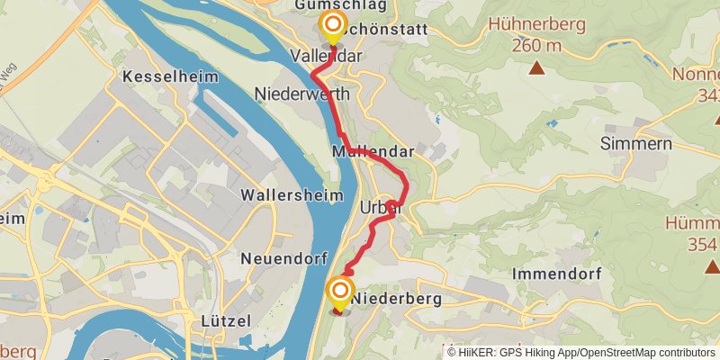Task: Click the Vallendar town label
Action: click(x=326, y=56)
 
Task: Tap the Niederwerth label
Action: click(x=308, y=94)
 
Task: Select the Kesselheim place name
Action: click(x=174, y=76)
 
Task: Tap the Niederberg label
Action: click(x=396, y=296)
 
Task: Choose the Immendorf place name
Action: click(x=555, y=272)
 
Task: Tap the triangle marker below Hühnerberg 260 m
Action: click(x=536, y=67)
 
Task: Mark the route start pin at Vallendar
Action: click(x=333, y=25)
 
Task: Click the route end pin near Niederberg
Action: click(x=340, y=290)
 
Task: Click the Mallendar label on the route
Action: click(x=373, y=152)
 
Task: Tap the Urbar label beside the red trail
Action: click(x=379, y=208)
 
